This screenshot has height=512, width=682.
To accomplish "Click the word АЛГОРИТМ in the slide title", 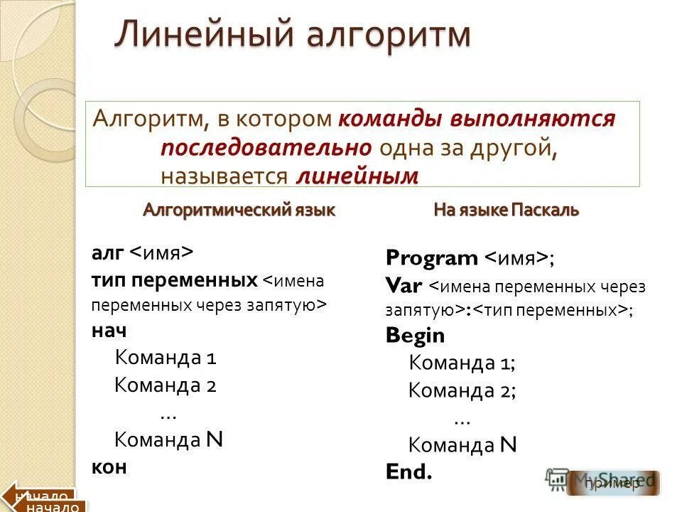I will click(380, 36).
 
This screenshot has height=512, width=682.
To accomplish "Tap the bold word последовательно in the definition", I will click(266, 147).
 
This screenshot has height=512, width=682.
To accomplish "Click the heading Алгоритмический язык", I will click(239, 210).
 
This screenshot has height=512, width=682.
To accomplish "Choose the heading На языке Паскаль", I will click(507, 210).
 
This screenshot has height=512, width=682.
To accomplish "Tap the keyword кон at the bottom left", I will click(109, 466).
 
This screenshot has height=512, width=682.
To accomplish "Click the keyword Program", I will click(432, 258).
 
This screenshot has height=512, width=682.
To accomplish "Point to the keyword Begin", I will click(415, 336).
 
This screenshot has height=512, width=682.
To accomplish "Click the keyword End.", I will click(408, 471).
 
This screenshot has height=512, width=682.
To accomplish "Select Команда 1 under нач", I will click(165, 358).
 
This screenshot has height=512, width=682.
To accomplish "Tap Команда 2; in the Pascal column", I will click(462, 390).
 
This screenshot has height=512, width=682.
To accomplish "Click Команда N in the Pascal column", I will click(462, 445).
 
